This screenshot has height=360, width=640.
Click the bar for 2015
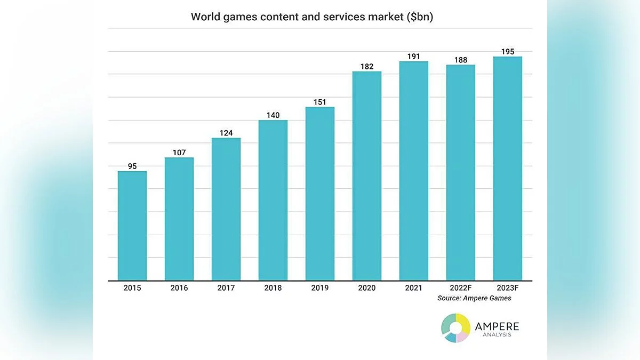[x=132, y=226]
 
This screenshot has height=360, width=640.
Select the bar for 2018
[x=273, y=200]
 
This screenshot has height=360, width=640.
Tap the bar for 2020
[x=367, y=176]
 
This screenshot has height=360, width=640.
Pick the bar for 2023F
[x=508, y=169]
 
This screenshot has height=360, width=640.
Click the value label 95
[x=132, y=166]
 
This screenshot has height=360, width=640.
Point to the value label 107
[x=179, y=153]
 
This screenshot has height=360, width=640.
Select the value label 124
[x=226, y=133]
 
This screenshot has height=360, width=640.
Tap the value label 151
[x=320, y=102]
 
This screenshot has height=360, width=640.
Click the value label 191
[x=414, y=56]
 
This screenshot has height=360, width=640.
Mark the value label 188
[x=461, y=60]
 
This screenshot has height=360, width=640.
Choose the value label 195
[x=508, y=51]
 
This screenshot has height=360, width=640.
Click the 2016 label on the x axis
[x=179, y=288]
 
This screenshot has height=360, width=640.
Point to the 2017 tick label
[x=226, y=288]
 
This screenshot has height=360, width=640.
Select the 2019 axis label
[x=320, y=288]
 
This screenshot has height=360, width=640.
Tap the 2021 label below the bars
[x=414, y=288]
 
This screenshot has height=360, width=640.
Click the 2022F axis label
[x=461, y=288]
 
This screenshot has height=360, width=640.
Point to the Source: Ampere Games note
[x=474, y=298]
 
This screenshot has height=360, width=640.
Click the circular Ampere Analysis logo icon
[x=456, y=327]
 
